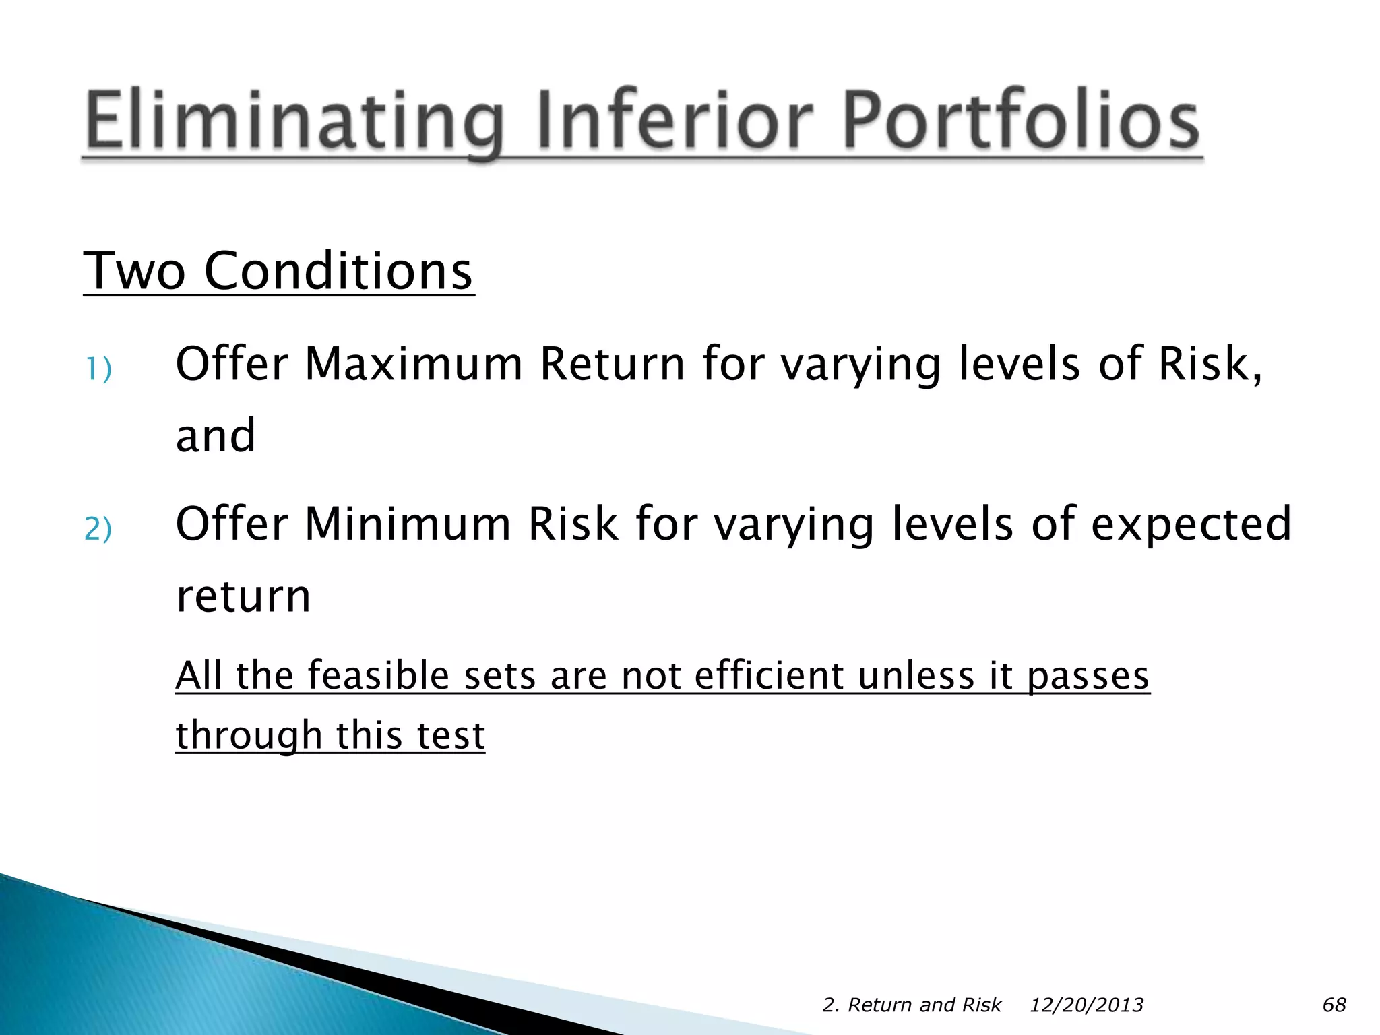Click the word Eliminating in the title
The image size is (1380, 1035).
(x=294, y=120)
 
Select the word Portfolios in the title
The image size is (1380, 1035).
(x=1020, y=120)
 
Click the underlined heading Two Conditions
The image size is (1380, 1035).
(x=278, y=271)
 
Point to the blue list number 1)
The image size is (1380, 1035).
(x=98, y=369)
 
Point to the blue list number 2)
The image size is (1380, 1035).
(x=98, y=528)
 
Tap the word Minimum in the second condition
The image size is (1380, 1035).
(x=407, y=524)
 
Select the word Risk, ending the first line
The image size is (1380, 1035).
(x=1210, y=364)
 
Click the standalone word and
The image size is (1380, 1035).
(x=216, y=436)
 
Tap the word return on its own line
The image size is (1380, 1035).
(x=243, y=596)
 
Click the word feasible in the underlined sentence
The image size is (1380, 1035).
(x=378, y=675)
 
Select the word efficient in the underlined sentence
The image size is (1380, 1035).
(x=768, y=675)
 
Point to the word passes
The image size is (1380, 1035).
(x=1088, y=677)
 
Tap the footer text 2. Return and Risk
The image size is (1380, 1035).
(x=911, y=1005)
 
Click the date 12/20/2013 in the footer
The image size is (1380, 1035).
(x=1086, y=1005)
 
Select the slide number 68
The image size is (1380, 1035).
(x=1334, y=1005)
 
